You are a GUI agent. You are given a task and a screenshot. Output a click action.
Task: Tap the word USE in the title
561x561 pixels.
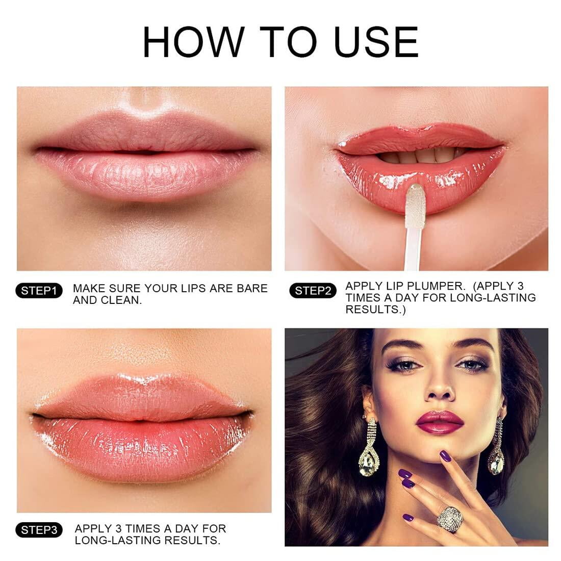tap(376, 42)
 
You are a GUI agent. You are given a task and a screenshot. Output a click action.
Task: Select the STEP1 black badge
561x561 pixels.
tap(39, 291)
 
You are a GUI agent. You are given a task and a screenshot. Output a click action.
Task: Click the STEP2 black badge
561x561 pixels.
tap(313, 291)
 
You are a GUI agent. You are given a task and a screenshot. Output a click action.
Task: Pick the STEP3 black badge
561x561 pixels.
tap(39, 530)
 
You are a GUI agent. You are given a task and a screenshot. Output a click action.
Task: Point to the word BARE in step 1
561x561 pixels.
tap(252, 288)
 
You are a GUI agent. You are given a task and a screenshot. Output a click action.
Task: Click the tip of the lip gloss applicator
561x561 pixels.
tap(415, 187)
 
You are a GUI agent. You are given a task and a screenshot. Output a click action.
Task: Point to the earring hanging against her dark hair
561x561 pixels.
tap(369, 447)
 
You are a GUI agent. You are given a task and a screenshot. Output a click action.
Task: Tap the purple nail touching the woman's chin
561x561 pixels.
tap(445, 455)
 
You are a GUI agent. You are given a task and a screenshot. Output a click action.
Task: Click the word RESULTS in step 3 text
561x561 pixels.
tap(195, 540)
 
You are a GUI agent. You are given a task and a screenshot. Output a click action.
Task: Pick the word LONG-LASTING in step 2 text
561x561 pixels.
tap(493, 298)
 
